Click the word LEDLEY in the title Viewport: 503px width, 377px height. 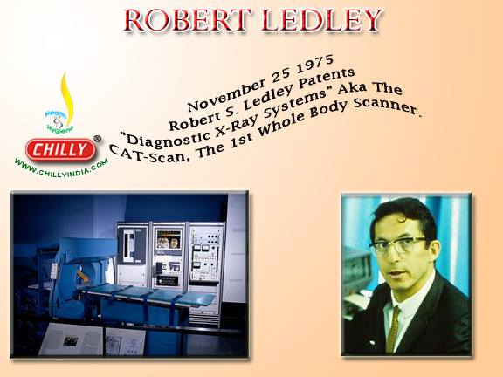(321, 20)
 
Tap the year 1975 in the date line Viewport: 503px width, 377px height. (315, 65)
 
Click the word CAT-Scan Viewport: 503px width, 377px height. (148, 154)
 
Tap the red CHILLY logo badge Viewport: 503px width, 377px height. (60, 149)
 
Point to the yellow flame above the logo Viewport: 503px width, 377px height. (67, 95)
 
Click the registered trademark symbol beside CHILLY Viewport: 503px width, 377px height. (98, 139)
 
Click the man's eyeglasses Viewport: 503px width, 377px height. (399, 244)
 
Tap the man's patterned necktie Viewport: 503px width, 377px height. (393, 329)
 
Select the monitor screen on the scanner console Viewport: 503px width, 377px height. (169, 239)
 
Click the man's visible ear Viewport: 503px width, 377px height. (434, 253)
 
